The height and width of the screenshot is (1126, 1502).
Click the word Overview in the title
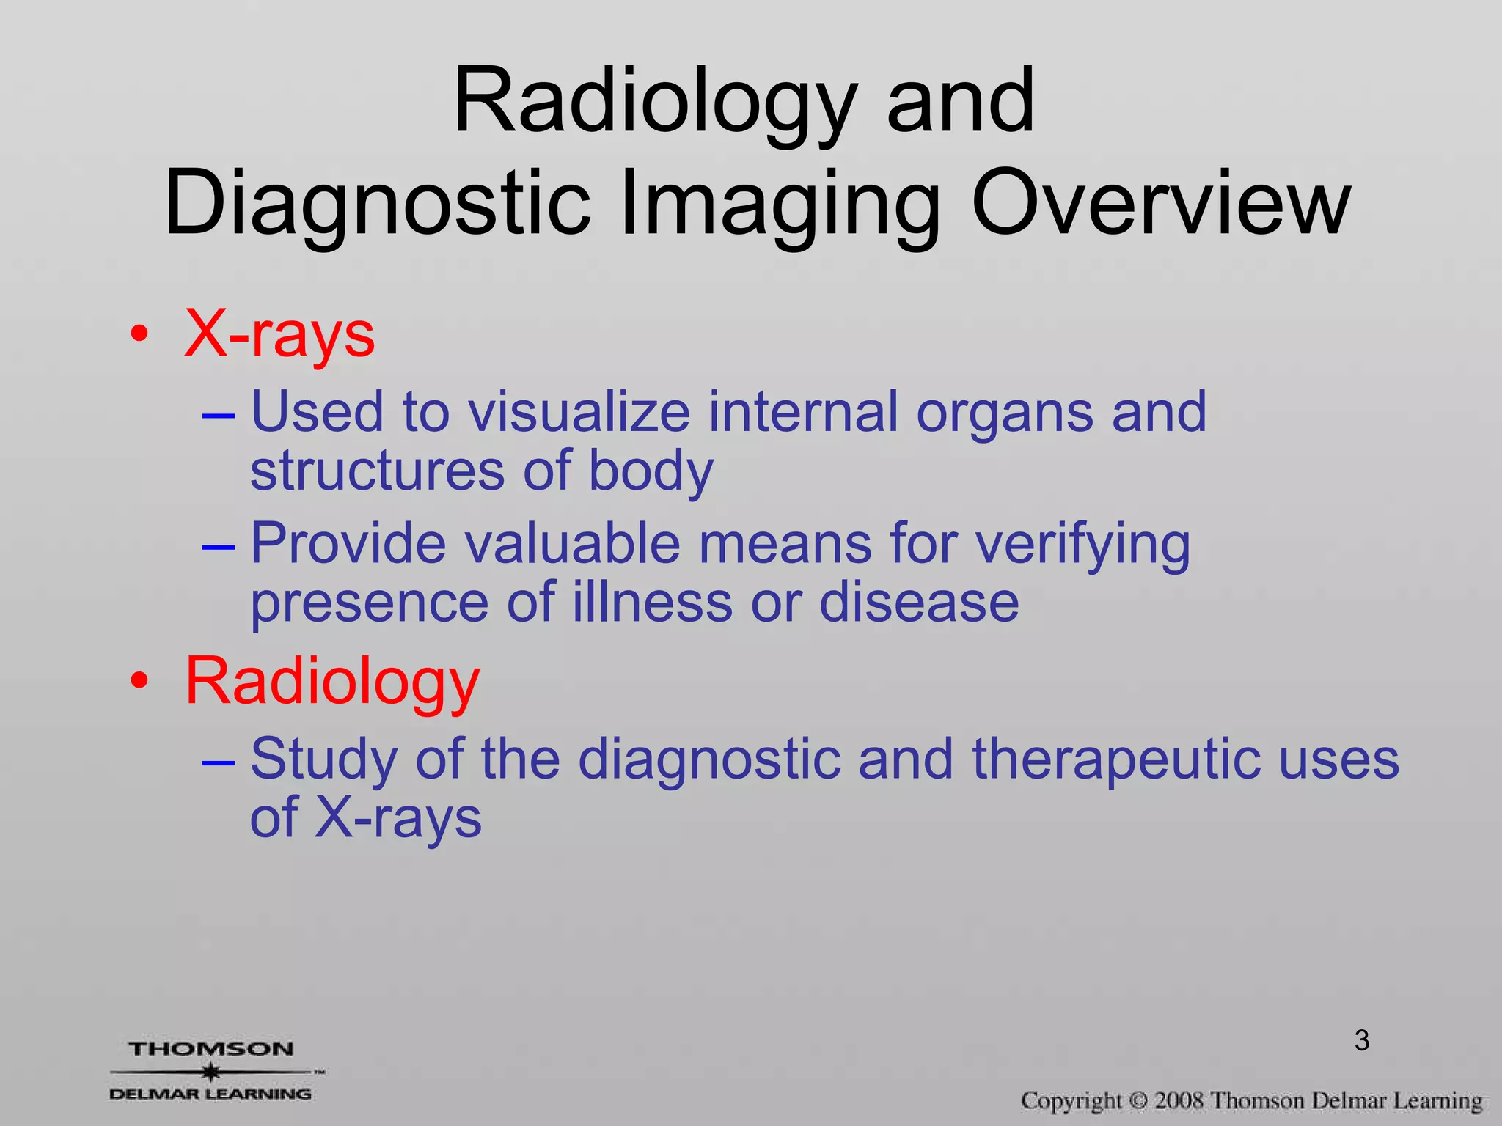tap(1160, 203)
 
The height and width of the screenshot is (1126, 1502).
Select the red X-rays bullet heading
tap(279, 334)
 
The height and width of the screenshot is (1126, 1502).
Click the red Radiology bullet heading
tap(332, 682)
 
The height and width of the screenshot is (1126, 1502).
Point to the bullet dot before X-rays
tap(139, 336)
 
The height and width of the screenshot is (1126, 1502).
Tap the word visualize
tap(579, 412)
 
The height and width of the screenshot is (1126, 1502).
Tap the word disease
tap(918, 603)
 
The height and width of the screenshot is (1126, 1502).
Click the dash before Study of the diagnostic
tap(218, 762)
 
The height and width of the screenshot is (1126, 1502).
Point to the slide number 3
tap(1362, 1040)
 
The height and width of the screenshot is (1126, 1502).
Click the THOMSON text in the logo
tap(211, 1049)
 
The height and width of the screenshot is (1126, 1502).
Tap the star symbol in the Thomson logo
tap(211, 1072)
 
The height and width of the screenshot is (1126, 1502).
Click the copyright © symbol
tap(1138, 1101)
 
